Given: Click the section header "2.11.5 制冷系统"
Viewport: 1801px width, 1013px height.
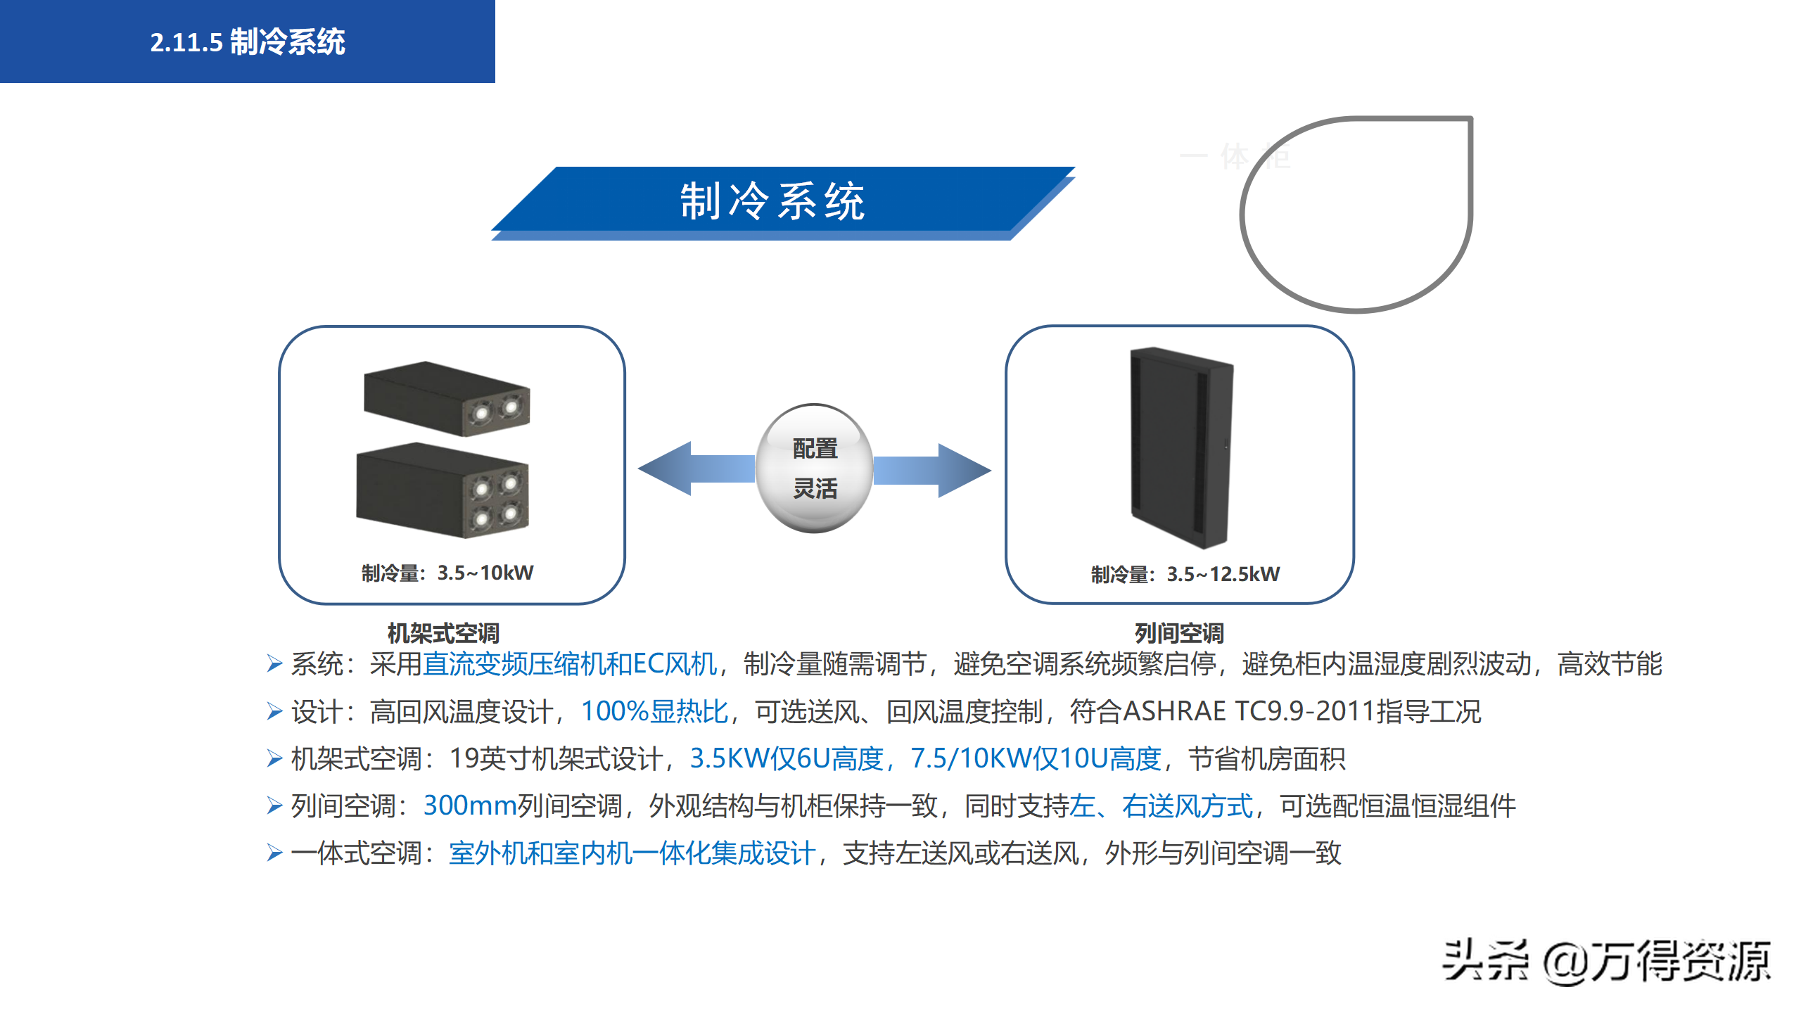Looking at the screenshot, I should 248,42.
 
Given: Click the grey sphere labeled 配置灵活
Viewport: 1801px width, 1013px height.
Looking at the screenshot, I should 815,469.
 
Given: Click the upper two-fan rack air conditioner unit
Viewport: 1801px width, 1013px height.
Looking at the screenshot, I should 447,398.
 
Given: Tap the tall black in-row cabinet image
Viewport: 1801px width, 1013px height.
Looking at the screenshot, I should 1180,447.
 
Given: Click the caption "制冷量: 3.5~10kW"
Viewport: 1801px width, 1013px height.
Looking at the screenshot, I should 447,573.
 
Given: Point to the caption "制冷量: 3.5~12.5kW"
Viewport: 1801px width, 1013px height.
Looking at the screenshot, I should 1185,574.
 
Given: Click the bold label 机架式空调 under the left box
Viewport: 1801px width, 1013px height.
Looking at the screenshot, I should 443,633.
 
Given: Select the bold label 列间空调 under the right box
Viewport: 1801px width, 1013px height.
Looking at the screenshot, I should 1179,633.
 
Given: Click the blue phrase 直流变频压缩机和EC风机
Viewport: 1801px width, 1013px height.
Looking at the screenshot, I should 570,664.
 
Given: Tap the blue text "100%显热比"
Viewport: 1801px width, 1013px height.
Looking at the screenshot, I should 654,711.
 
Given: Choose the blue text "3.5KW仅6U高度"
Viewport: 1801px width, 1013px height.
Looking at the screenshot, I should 787,758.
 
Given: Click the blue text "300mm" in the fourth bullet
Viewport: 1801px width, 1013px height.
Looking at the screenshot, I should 470,805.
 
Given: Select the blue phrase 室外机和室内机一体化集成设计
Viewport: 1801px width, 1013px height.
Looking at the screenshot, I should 632,853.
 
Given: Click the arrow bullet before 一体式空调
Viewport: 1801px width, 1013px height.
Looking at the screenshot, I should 274,853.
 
